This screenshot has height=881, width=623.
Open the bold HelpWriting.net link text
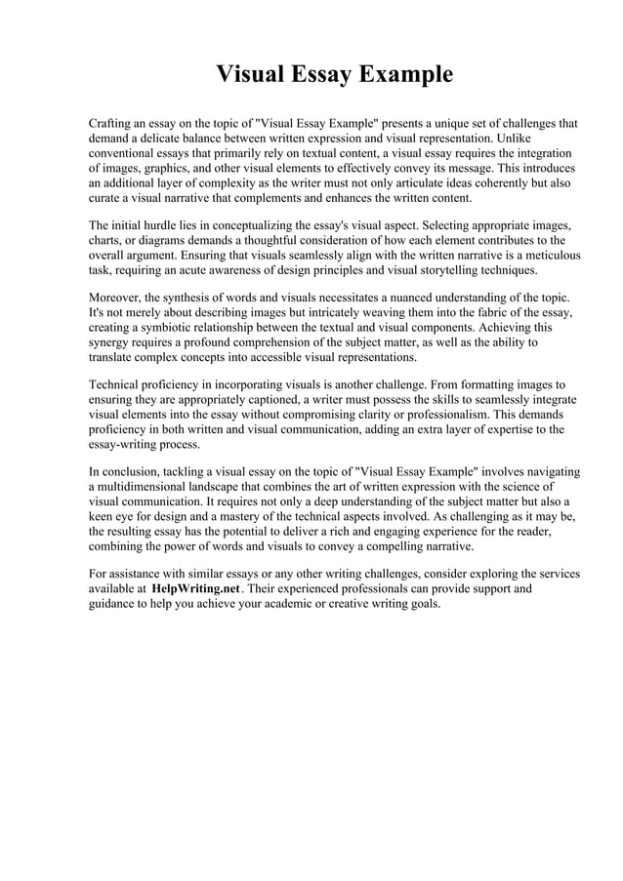(x=195, y=589)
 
